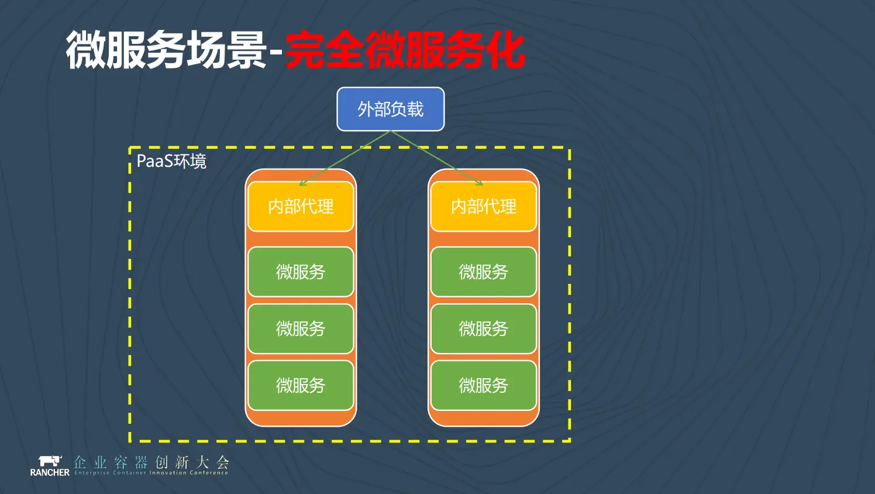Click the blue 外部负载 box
[390, 109]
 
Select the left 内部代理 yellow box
[301, 207]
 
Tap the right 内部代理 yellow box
[484, 207]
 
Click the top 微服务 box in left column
[301, 272]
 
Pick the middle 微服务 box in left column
[301, 329]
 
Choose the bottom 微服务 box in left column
[301, 386]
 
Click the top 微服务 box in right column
[484, 272]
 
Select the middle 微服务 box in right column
[484, 329]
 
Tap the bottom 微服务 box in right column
[484, 386]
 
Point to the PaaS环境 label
[171, 162]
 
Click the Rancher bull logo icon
[50, 461]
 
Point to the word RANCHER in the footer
[50, 472]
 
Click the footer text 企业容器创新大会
[151, 462]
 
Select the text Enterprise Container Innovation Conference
[151, 473]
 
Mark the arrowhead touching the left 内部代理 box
[302, 184]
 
